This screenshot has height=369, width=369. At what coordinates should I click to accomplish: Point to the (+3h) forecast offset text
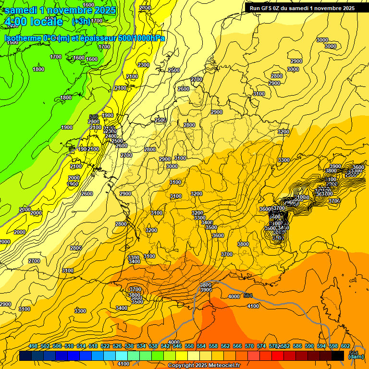80,21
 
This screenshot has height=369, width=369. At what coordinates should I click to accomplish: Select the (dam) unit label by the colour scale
356,356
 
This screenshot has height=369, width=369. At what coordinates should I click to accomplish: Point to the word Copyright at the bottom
181,365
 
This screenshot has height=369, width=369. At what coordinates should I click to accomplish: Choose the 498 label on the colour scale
33,346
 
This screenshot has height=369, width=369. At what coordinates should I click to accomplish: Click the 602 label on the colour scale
345,346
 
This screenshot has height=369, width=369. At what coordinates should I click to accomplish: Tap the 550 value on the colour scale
189,346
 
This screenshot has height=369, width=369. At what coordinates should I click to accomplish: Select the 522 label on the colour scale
105,346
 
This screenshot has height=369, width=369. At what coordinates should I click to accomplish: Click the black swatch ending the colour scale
338,356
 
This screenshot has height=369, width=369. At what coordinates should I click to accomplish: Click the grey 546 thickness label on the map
94,117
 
